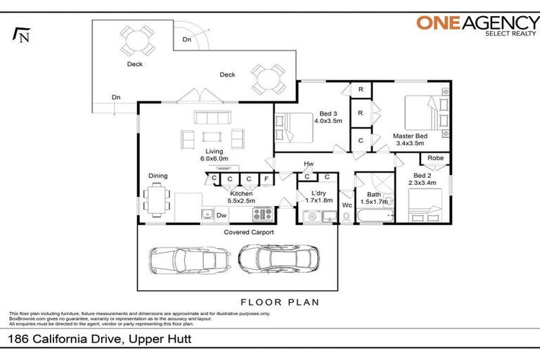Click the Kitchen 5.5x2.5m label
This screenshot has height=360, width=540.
point(241,196)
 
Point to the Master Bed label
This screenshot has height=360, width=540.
point(409,139)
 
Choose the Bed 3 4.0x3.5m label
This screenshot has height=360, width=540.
point(330,117)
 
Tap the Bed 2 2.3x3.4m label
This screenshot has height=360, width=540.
point(423,179)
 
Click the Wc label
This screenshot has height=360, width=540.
point(347,205)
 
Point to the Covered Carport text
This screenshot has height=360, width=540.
point(248,232)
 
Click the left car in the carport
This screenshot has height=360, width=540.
point(188,260)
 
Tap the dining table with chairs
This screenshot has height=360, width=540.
point(156,197)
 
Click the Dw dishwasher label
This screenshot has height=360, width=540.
point(221,215)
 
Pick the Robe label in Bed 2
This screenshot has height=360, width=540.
point(435,158)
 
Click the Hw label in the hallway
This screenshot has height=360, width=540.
point(309,165)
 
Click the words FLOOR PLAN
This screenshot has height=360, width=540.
point(280,302)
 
